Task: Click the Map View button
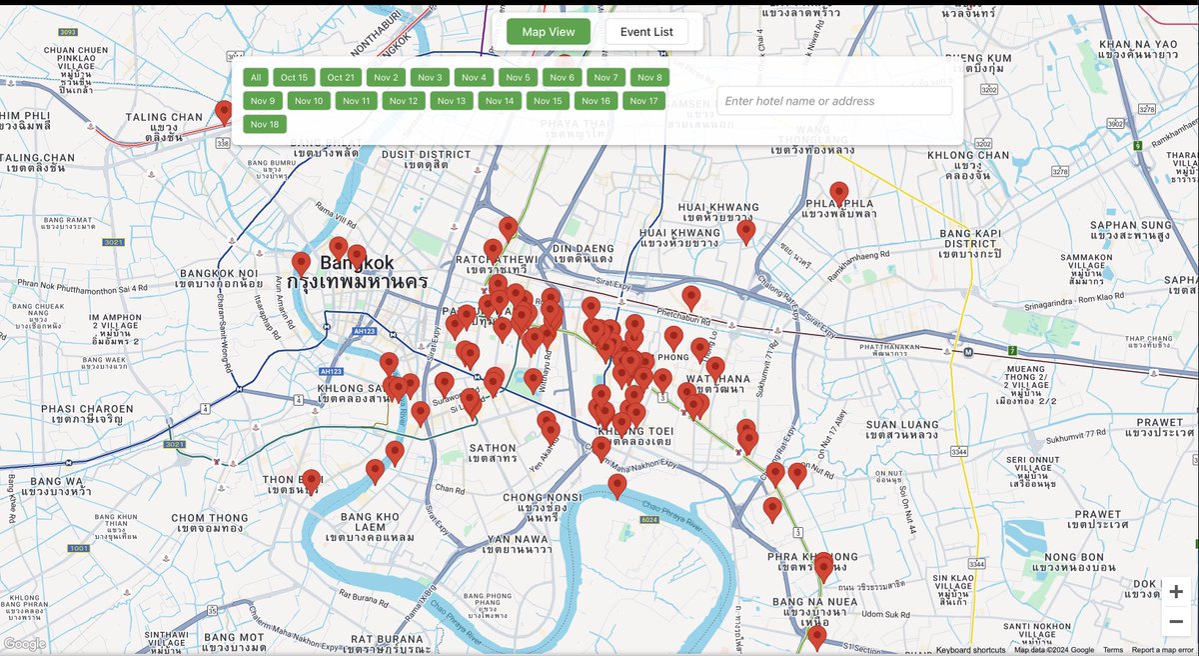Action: pos(549,32)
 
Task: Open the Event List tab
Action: pos(646,32)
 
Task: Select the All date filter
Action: pos(256,78)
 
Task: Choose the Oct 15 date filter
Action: pos(295,78)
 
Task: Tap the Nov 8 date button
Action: pos(649,78)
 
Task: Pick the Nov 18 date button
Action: pos(265,124)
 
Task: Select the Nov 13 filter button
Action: pos(452,101)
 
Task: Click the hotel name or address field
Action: pos(834,101)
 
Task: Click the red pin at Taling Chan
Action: pos(224,111)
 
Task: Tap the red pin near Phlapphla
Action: pos(839,193)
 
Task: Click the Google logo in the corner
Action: pos(25,644)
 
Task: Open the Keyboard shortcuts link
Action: pos(970,650)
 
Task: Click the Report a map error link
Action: pos(1164,650)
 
